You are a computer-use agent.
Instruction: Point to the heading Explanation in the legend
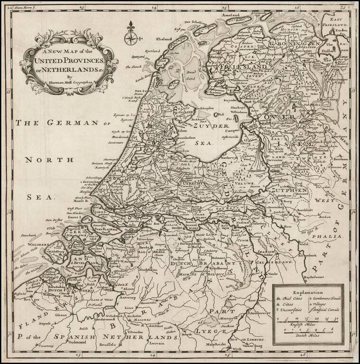(307, 293)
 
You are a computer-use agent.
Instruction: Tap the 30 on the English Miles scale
(336, 318)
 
